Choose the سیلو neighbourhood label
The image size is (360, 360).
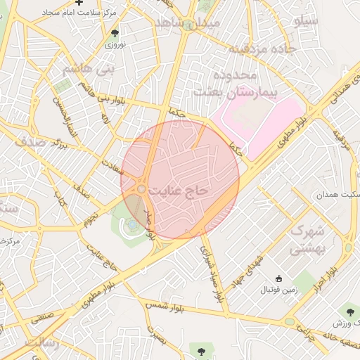(307, 20)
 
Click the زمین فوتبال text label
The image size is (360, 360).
(280, 289)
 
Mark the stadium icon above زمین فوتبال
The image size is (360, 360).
(279, 278)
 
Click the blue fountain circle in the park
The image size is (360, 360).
(131, 224)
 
